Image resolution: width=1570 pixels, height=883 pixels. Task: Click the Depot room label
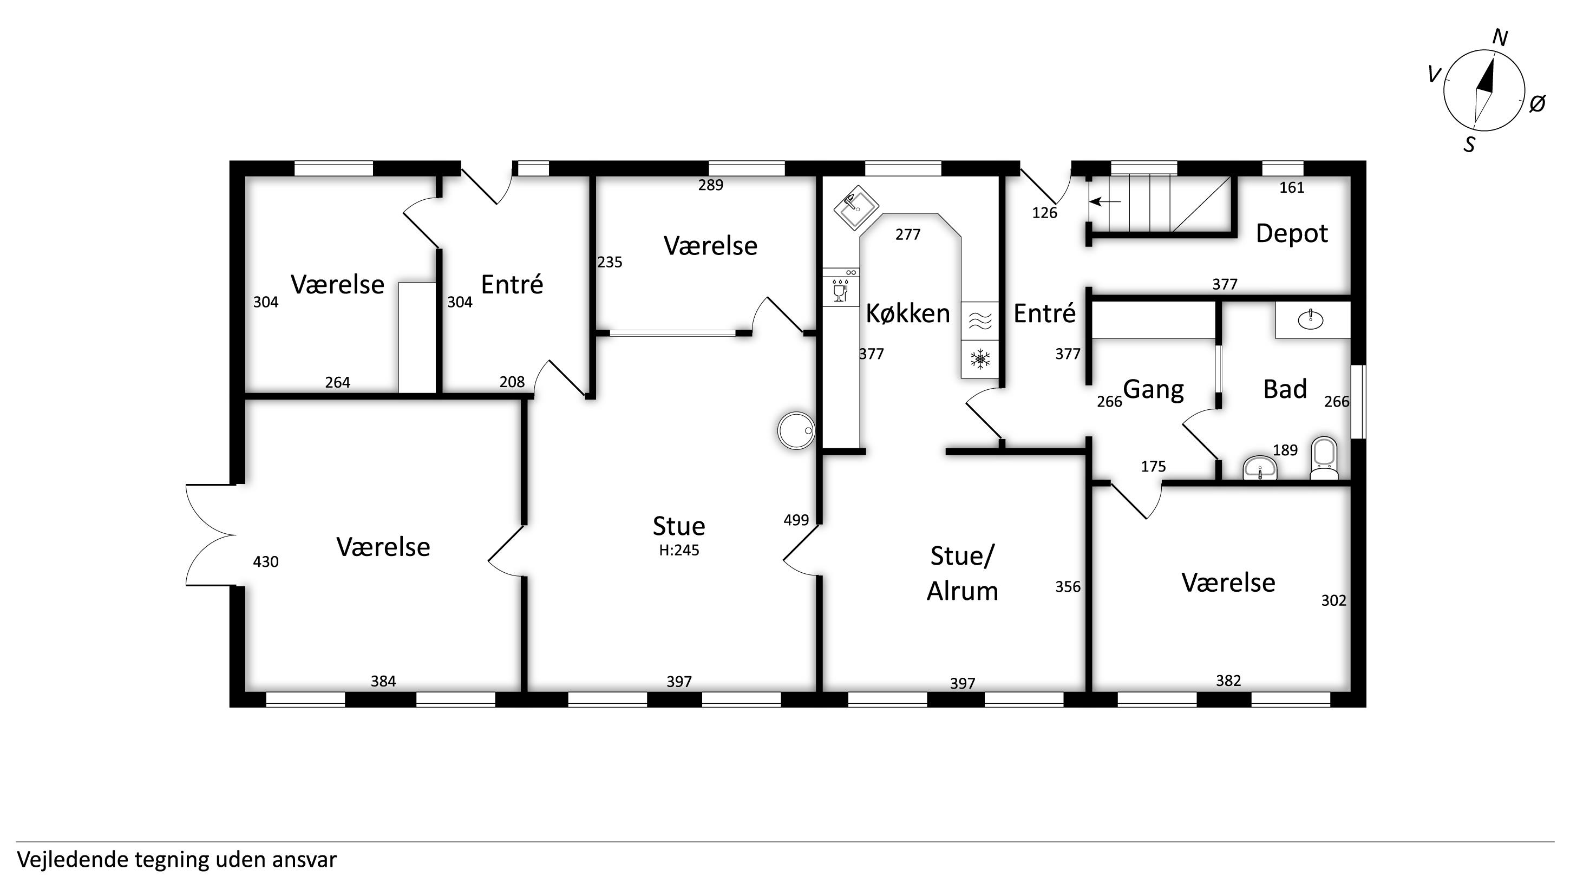[1292, 233]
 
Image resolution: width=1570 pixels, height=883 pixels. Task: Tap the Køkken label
[907, 313]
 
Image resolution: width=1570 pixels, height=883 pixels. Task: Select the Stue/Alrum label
[963, 573]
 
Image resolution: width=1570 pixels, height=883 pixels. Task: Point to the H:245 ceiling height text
[679, 550]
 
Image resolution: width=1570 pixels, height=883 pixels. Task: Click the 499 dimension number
[796, 520]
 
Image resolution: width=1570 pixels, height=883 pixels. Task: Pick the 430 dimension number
[266, 561]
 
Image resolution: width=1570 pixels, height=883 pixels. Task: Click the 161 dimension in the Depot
[1292, 188]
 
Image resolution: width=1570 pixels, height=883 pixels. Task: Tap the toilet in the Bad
[1324, 457]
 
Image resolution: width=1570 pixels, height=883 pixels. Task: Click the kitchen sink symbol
[856, 208]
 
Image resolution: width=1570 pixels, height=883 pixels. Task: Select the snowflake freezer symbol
[980, 359]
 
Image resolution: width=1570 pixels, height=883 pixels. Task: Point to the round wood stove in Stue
[796, 430]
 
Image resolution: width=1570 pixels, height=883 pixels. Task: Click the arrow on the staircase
[1105, 201]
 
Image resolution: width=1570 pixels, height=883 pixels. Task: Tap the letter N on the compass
[1500, 38]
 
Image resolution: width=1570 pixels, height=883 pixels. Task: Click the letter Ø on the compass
[1537, 103]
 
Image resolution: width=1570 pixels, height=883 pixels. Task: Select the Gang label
[1153, 389]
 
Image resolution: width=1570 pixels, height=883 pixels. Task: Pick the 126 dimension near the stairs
[1045, 213]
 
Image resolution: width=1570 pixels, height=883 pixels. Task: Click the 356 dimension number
[1068, 586]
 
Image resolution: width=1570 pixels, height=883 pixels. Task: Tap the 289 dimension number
[711, 185]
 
